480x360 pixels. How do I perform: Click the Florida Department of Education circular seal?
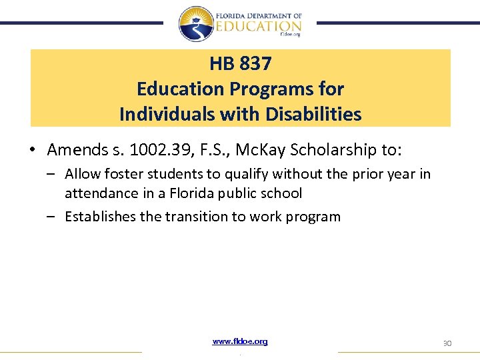pos(196,23)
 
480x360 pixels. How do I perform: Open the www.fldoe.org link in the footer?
pos(240,341)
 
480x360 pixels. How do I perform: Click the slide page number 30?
pos(447,343)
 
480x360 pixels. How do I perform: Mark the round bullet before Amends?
pos(33,151)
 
